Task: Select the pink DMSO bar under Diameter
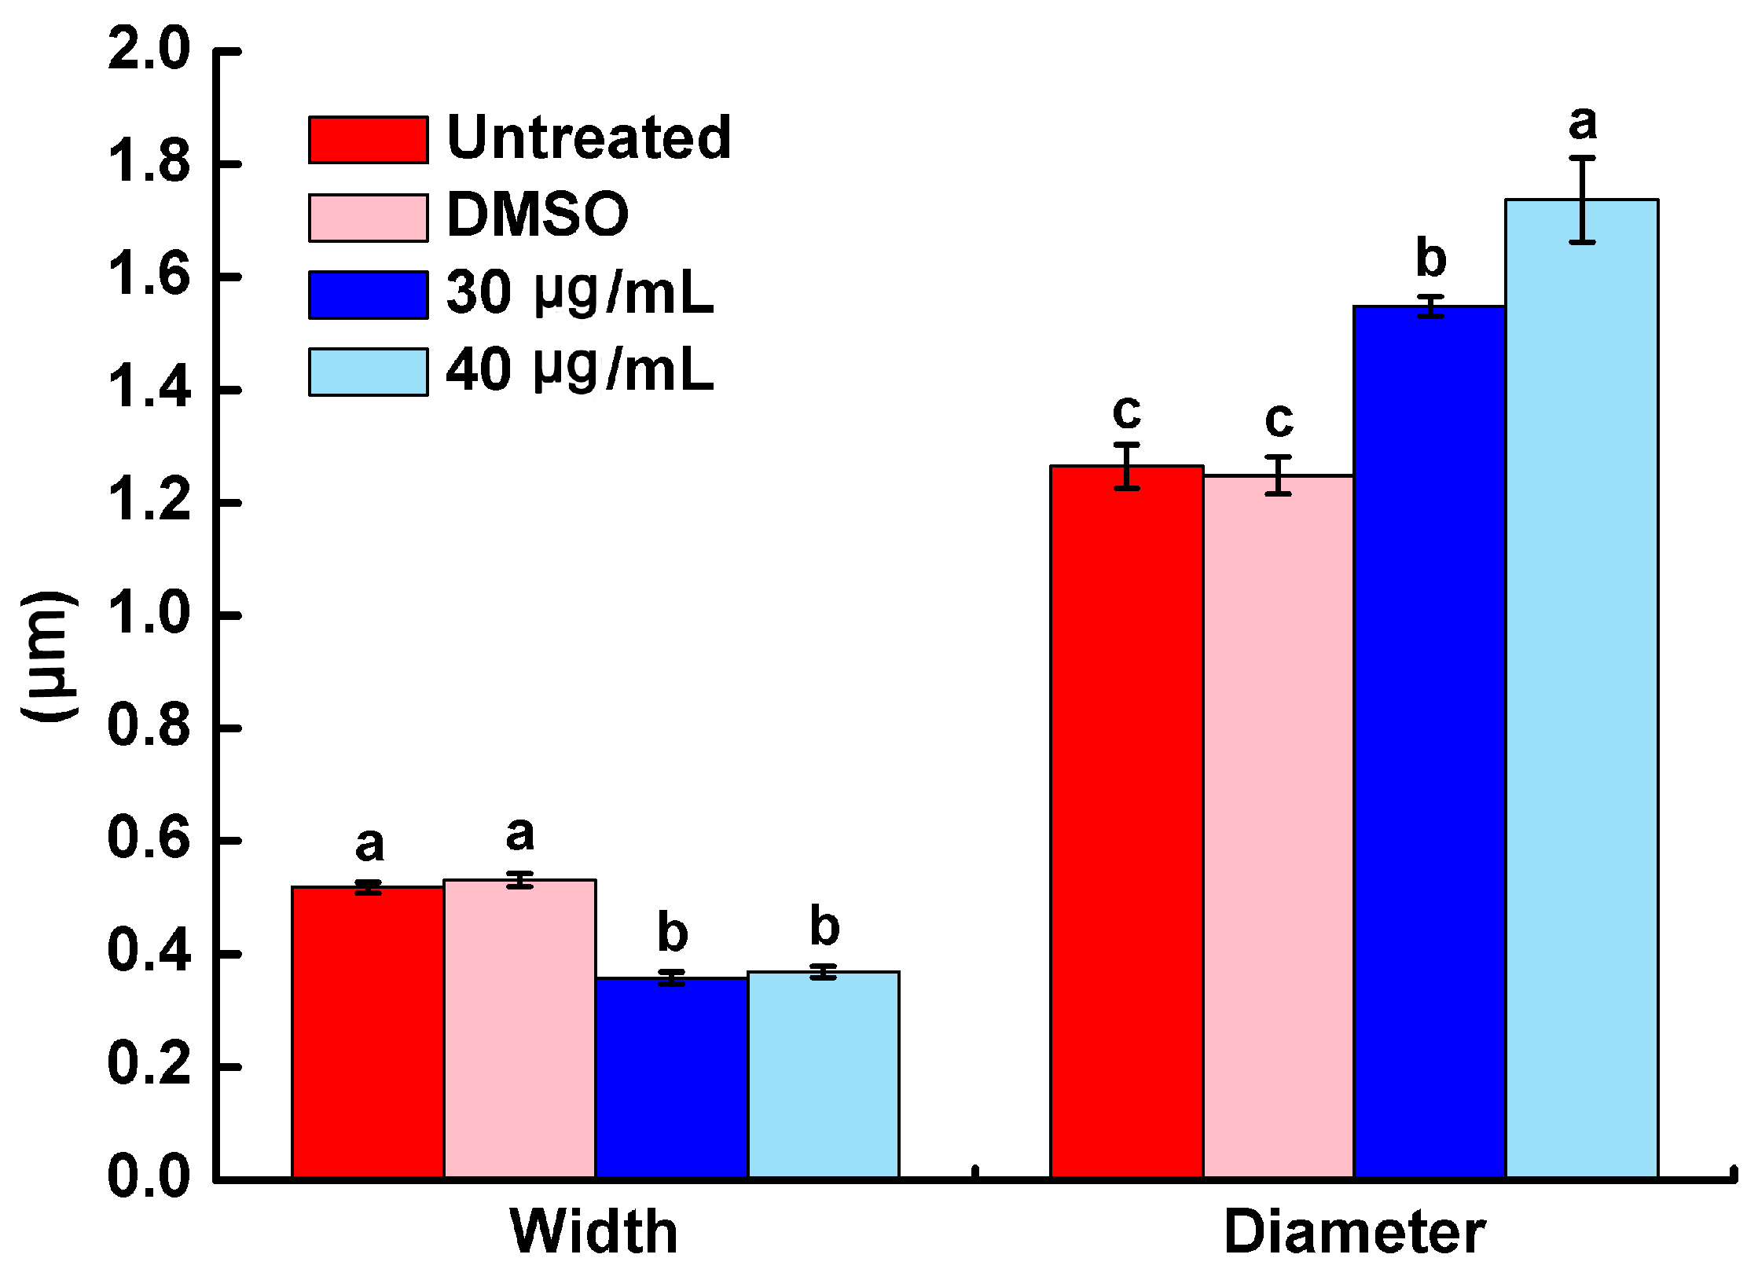pos(1279,826)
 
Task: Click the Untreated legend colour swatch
pos(368,140)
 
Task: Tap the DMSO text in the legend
pos(538,215)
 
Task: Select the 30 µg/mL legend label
pos(579,292)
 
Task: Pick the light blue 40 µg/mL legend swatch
pos(368,372)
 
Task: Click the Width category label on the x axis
pos(594,1230)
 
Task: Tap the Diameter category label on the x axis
pos(1354,1230)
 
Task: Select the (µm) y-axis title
pos(49,656)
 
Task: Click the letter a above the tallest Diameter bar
pos(1583,123)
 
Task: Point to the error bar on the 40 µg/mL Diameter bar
pos(1582,200)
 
